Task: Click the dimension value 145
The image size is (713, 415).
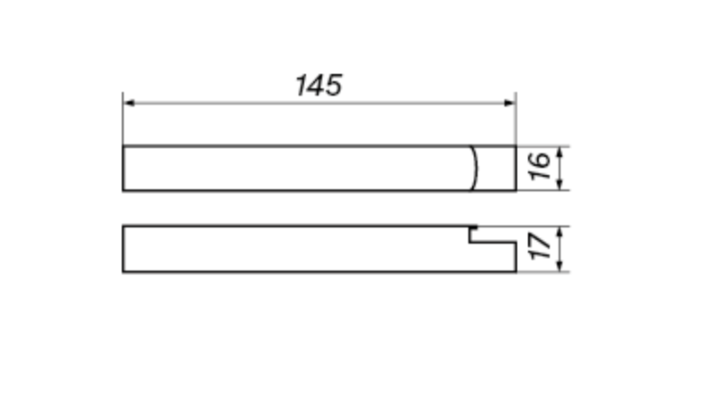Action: coord(319,86)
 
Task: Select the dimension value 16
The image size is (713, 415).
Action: coord(540,166)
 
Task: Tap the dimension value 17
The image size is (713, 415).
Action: coord(541,246)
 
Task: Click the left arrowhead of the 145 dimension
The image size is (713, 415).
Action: coord(129,103)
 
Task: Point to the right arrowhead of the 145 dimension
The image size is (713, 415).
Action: coord(510,103)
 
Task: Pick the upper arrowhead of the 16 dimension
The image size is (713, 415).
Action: coord(560,152)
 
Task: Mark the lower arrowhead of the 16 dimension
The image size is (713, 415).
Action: coord(560,184)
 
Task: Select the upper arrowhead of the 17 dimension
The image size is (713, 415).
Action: coord(560,232)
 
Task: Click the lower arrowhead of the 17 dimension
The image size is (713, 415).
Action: coord(560,265)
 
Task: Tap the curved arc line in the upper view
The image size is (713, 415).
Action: coord(477,168)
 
